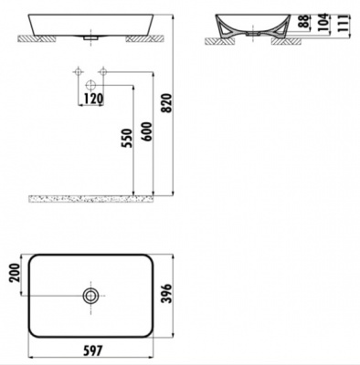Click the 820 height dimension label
pos(167,103)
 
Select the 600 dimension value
pos(147,131)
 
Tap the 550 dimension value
pos(128,139)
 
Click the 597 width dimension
pos(93,350)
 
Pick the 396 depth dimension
pos(167,294)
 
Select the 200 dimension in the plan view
pos(15,273)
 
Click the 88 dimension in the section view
pos(303,21)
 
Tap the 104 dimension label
pos(323,22)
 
